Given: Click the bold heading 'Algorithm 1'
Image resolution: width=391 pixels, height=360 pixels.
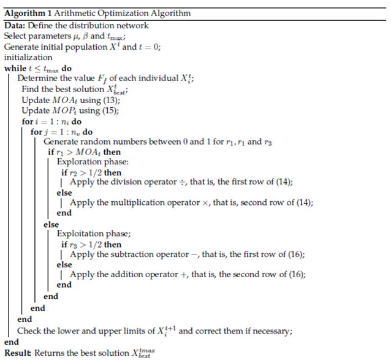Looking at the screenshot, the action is point(28,13).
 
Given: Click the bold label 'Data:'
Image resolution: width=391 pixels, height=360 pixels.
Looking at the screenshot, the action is point(15,25).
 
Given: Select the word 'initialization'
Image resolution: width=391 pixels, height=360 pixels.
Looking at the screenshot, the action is point(28,58).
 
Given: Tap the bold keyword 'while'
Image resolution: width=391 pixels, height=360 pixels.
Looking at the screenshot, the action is point(15,68).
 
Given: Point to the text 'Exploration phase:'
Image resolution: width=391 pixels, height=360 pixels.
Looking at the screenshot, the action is point(93,162).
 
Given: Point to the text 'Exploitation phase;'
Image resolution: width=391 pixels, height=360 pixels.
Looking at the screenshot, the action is point(94,234).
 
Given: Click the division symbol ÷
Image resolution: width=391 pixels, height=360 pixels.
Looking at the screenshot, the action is point(183,182).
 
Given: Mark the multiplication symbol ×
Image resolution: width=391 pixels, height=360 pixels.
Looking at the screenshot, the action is point(205,203).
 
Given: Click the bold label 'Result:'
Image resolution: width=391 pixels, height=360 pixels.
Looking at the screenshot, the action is point(18,353).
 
